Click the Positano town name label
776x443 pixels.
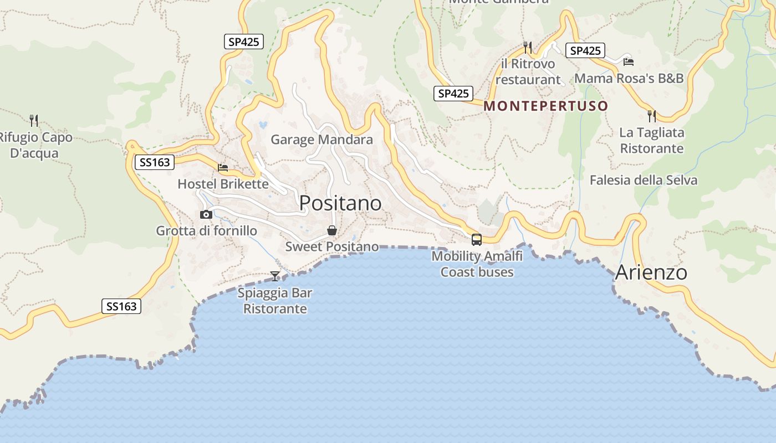tap(340, 203)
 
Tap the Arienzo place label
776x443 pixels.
tap(651, 272)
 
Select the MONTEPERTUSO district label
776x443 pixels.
tap(546, 106)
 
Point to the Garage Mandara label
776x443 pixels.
tap(321, 140)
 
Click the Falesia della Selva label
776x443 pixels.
tap(643, 180)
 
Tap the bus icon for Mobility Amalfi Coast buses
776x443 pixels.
tap(477, 240)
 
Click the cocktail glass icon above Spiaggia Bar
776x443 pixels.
tap(275, 276)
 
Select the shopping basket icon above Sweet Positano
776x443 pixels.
tap(331, 230)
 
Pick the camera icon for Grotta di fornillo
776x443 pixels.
tap(206, 214)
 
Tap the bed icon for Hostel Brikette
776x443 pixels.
tap(223, 167)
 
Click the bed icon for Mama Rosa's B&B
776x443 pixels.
tap(628, 61)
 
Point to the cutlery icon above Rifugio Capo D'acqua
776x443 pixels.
tap(34, 120)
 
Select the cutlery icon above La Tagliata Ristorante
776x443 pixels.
tap(652, 116)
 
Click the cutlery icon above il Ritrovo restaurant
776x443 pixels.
tap(528, 48)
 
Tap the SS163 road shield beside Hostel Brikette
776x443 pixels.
tap(155, 162)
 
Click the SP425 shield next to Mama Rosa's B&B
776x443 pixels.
tap(585, 50)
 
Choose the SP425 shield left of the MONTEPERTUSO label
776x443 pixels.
tap(453, 94)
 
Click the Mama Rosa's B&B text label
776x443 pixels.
tap(629, 78)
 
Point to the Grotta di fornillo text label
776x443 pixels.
tap(206, 230)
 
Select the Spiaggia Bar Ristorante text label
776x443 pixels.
tap(275, 301)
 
